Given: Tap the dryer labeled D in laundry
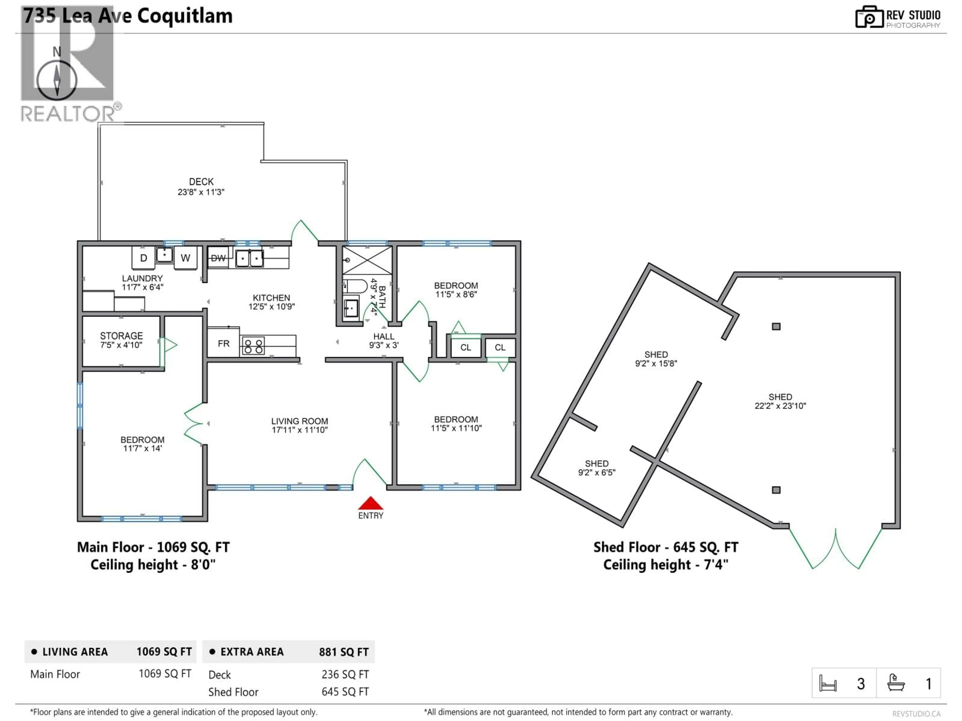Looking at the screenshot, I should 143,258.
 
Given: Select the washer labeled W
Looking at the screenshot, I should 185,258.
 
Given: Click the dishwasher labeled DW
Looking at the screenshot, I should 218,258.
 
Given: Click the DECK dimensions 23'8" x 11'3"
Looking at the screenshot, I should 201,192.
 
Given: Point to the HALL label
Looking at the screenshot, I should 384,336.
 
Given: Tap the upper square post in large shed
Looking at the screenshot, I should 776,326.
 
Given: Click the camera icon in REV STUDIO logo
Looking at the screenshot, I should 869,17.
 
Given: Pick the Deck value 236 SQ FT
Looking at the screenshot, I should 345,674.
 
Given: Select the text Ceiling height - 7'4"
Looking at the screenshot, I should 665,565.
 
